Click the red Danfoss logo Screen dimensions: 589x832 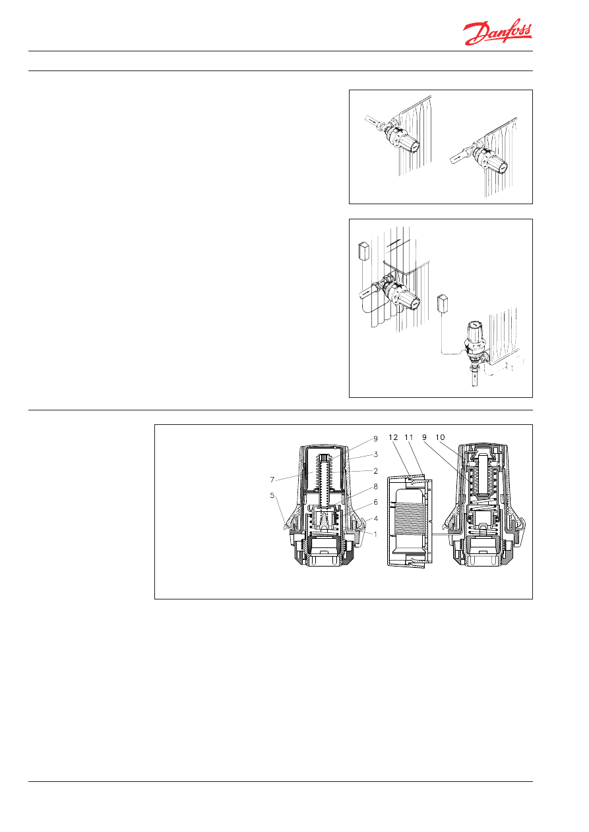[x=497, y=34]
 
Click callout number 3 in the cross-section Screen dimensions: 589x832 [x=375, y=455]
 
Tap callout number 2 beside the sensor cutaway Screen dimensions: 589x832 [x=375, y=470]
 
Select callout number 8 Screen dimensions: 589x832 [x=375, y=486]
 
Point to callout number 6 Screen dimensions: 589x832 [x=375, y=502]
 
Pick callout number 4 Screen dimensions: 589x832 [x=375, y=518]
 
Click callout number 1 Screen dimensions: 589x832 [x=375, y=534]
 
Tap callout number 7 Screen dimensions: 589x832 [x=272, y=480]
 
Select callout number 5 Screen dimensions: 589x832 [x=272, y=495]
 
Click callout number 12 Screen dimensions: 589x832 [x=393, y=437]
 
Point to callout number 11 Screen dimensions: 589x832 [x=409, y=437]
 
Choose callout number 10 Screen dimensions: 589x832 [x=440, y=437]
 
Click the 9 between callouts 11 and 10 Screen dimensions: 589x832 [x=424, y=437]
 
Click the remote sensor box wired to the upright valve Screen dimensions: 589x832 [x=443, y=302]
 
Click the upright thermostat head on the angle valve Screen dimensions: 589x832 [x=474, y=336]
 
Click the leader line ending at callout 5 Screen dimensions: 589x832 [x=281, y=511]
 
